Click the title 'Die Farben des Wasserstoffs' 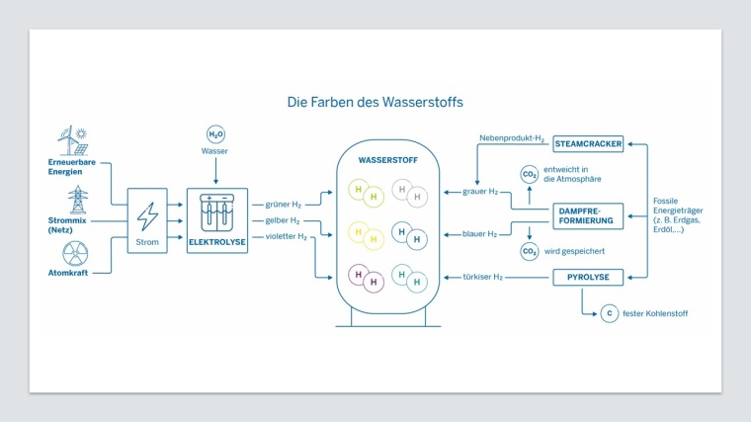tap(375, 101)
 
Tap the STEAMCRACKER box tap(588, 143)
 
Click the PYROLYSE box tap(588, 277)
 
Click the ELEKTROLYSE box tap(216, 220)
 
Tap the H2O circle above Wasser tap(214, 134)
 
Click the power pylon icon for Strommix tap(77, 201)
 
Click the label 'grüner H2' tap(283, 204)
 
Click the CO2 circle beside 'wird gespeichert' tap(530, 251)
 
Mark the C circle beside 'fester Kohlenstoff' tap(609, 313)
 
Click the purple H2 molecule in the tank tap(367, 278)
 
